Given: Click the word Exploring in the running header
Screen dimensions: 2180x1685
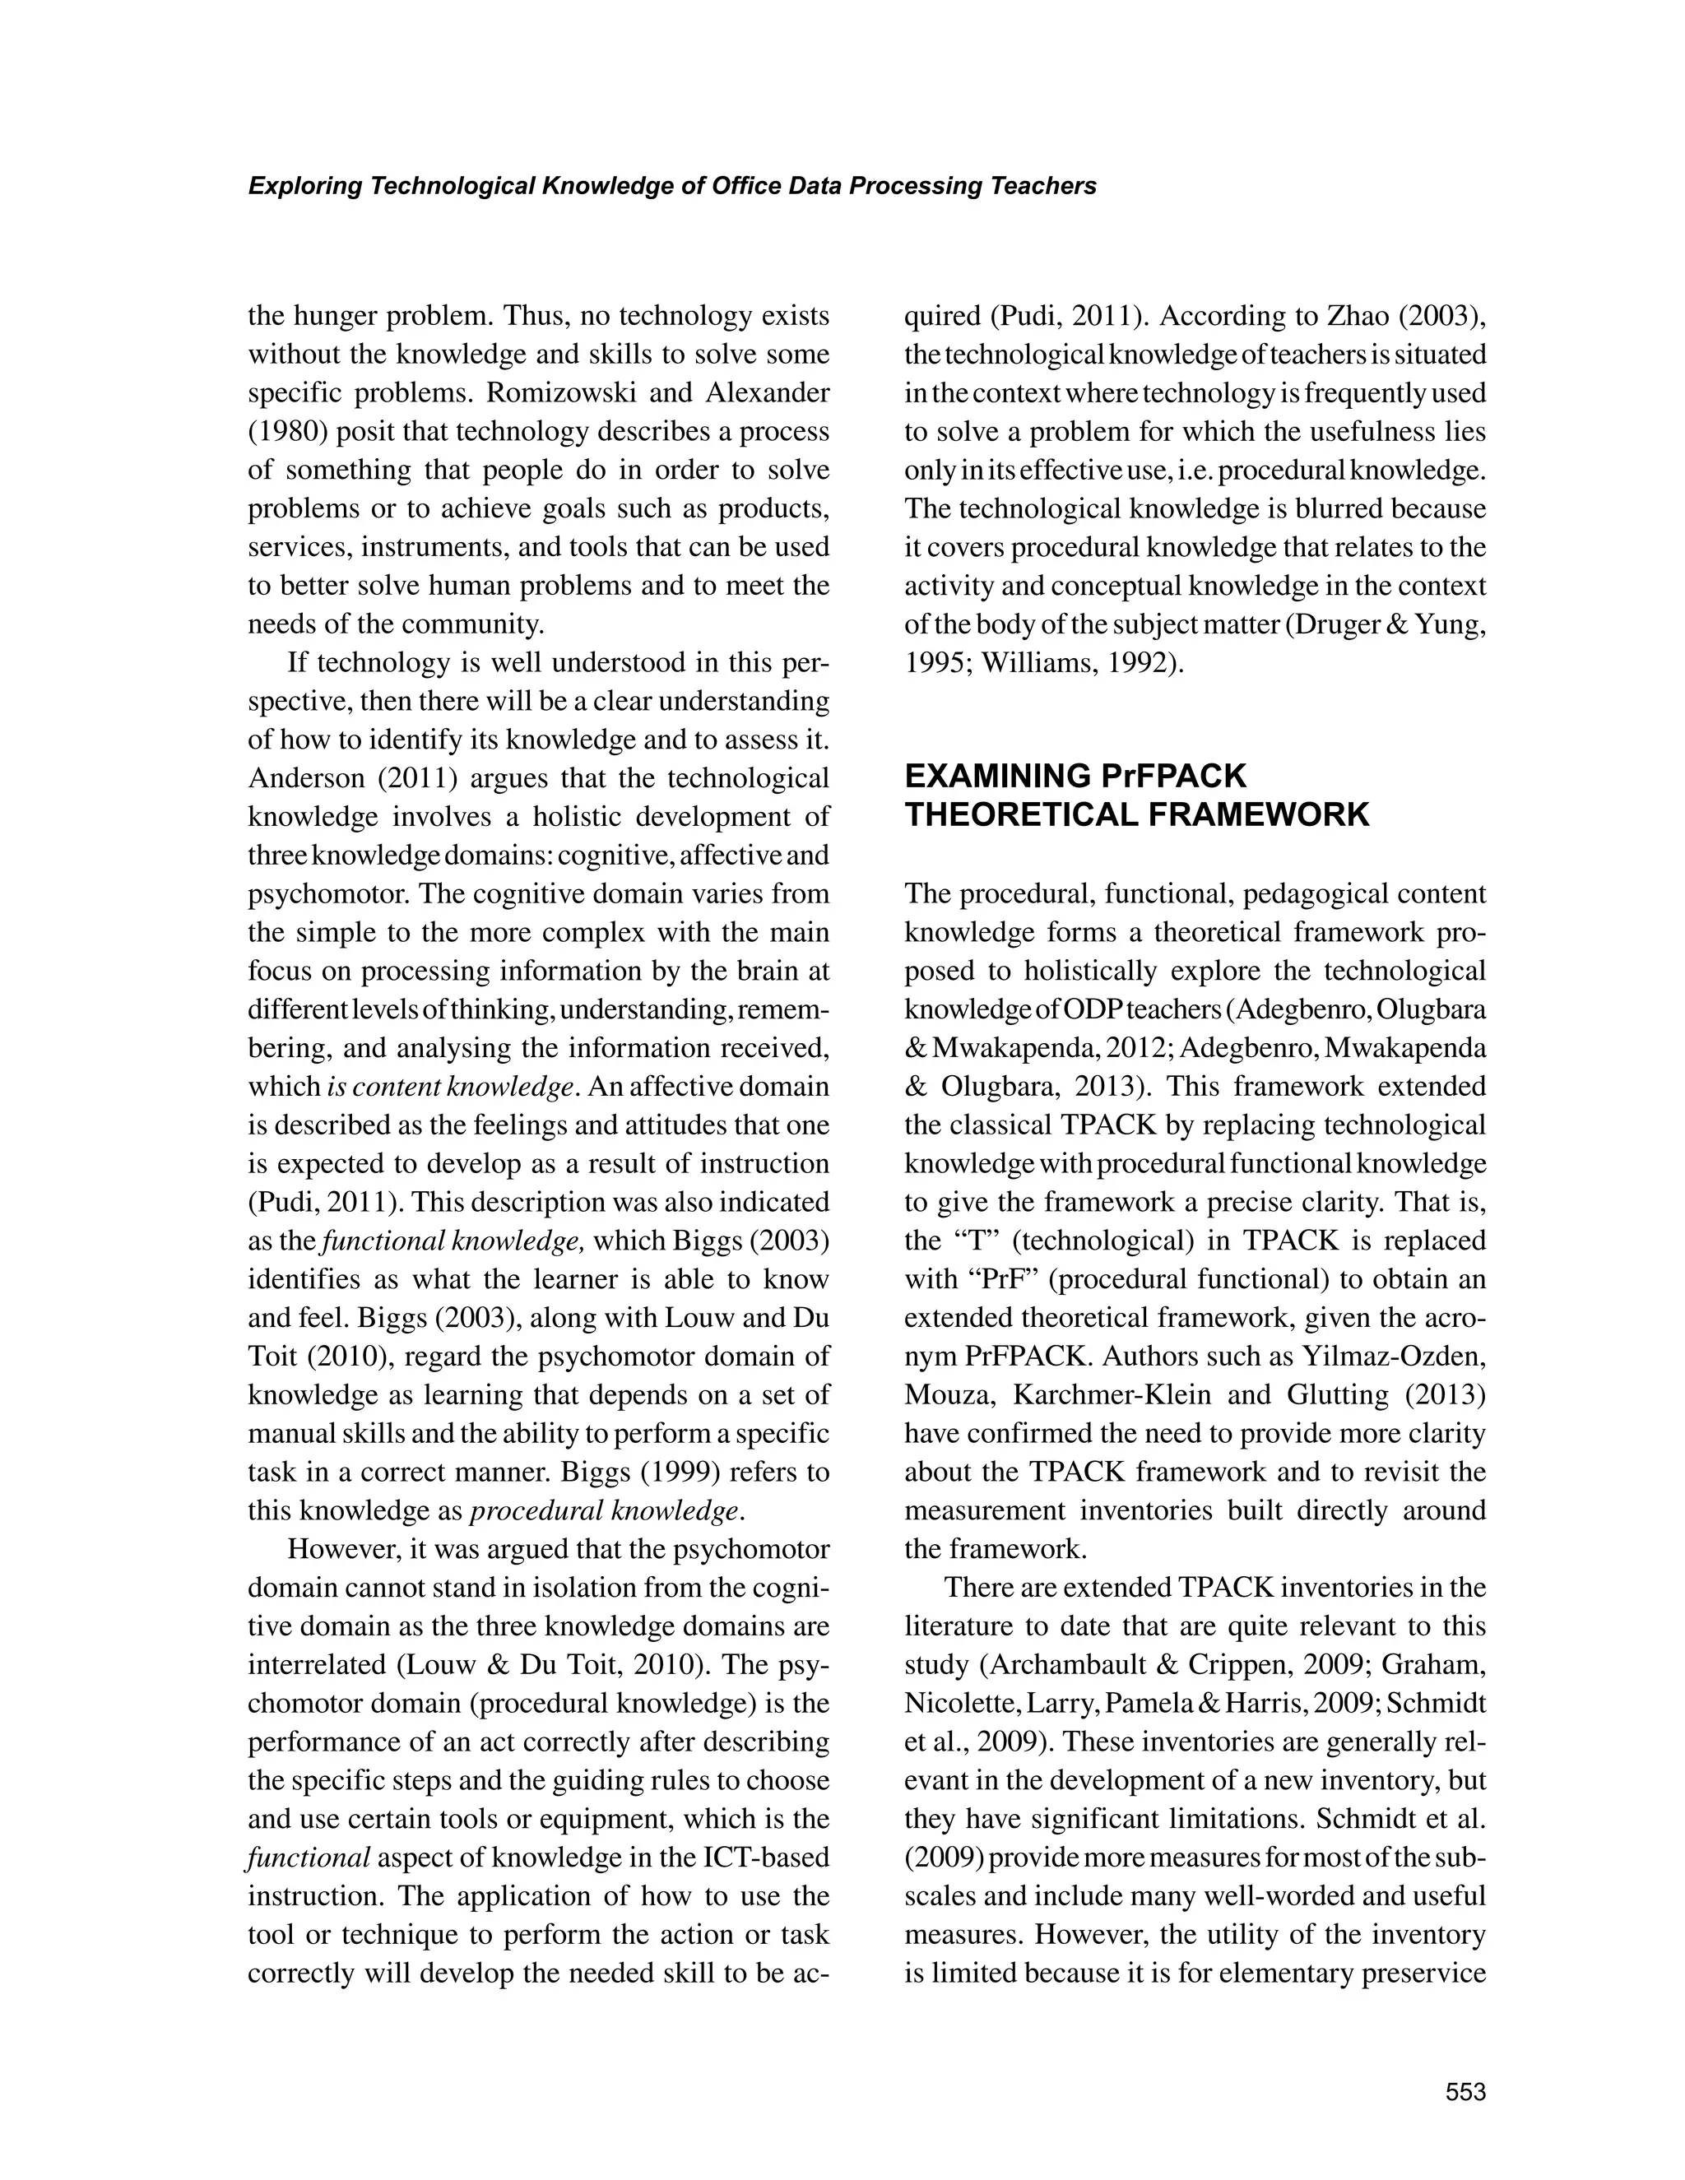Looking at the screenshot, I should click(x=304, y=187).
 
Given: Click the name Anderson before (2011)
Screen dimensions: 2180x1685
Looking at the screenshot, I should click(x=304, y=778).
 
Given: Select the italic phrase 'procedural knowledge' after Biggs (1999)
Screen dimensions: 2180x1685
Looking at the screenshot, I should click(x=606, y=1510).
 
